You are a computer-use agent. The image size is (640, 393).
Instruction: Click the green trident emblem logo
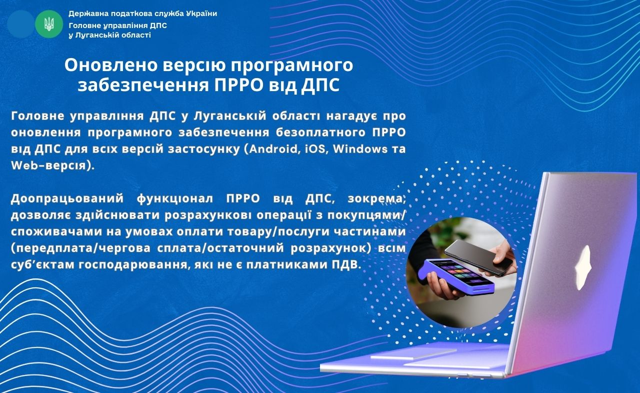click(x=49, y=25)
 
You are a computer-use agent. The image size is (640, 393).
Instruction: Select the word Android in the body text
click(x=273, y=149)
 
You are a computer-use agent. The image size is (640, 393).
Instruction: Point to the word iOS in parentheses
click(x=315, y=149)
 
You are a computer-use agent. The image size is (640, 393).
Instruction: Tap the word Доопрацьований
click(x=67, y=199)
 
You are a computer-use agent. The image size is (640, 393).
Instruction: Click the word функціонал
click(x=175, y=199)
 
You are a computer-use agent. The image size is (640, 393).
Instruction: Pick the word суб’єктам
click(x=42, y=264)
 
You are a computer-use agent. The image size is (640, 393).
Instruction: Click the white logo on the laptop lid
click(x=583, y=268)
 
